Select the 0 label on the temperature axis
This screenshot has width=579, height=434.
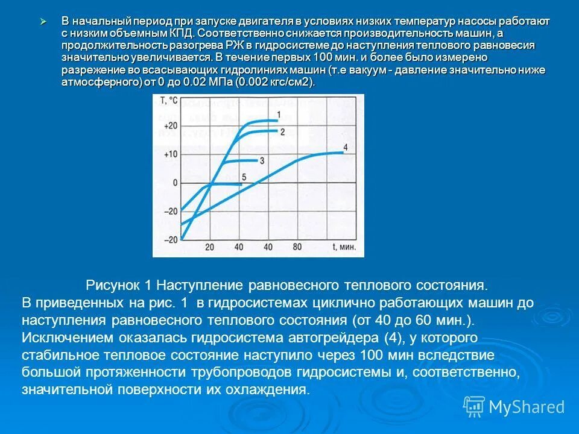[x=175, y=183]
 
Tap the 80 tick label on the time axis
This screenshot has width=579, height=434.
[x=296, y=247]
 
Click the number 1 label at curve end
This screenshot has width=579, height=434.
[x=279, y=115]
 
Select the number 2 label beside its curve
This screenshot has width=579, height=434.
[x=282, y=131]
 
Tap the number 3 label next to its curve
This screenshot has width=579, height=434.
[x=262, y=160]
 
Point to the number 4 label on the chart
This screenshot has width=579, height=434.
[x=345, y=147]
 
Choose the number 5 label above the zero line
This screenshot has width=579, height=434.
[x=244, y=177]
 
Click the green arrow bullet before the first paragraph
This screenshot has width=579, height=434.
[x=43, y=21]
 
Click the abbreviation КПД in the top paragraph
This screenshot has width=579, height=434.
[x=181, y=33]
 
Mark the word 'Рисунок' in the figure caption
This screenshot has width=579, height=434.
[x=113, y=284]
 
